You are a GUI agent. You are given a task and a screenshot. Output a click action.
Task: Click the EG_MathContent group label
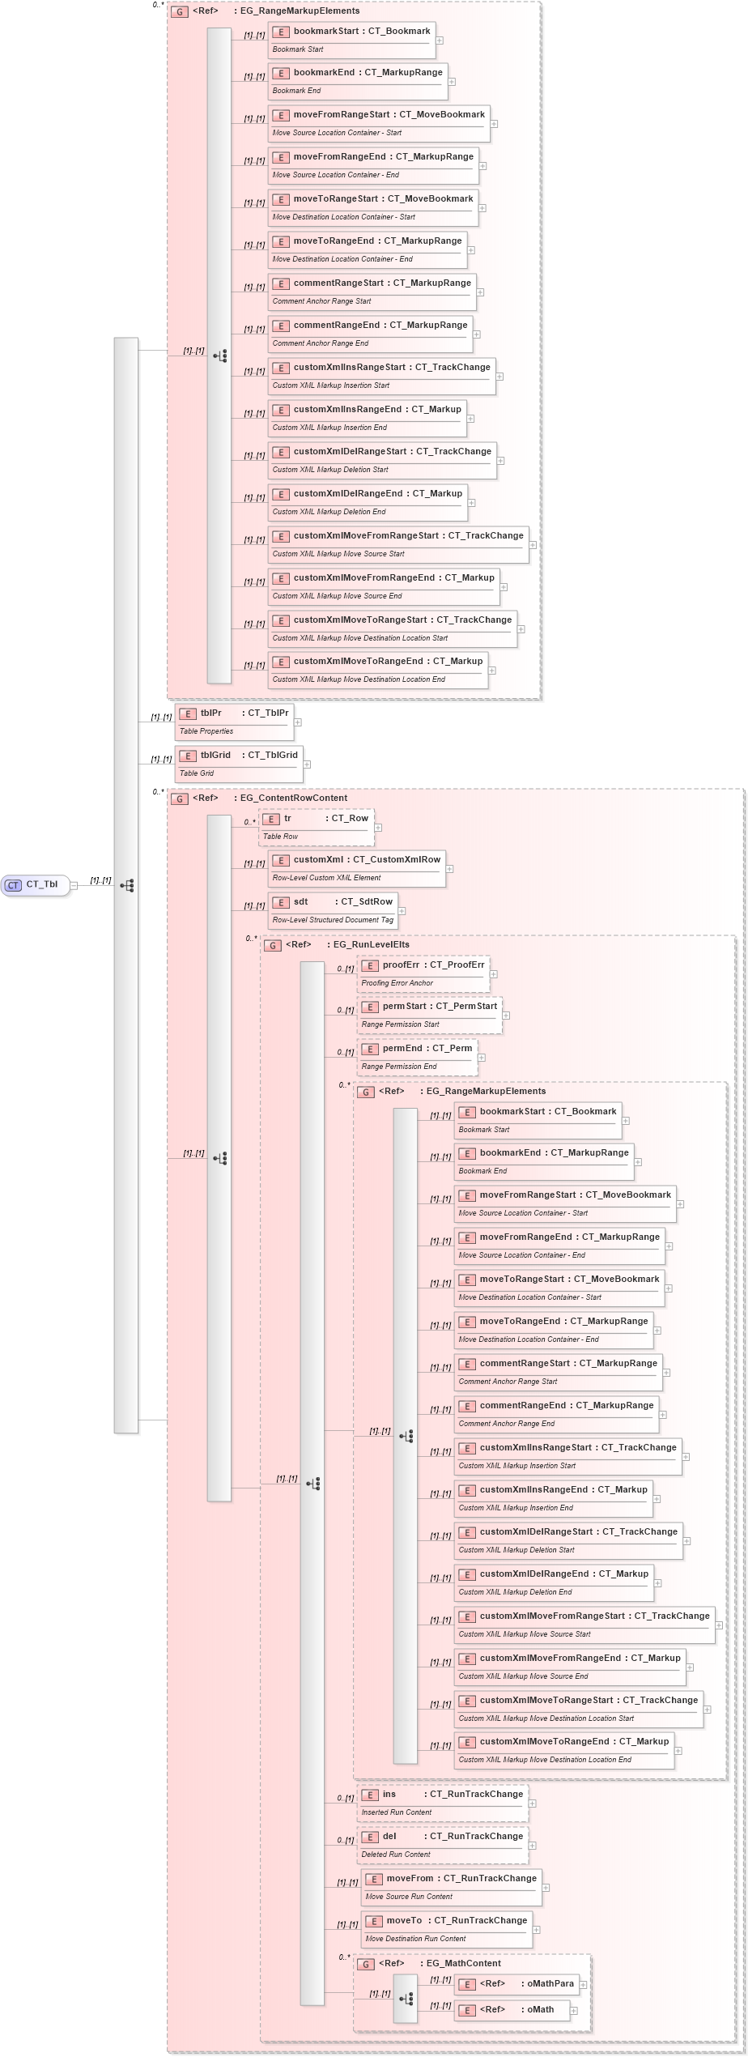[x=463, y=1964]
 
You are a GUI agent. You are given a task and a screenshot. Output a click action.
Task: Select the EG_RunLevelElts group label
[x=371, y=945]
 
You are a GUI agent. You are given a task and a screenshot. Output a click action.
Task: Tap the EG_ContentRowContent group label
[x=293, y=799]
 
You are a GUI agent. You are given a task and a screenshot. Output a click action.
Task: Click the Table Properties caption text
[x=206, y=731]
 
